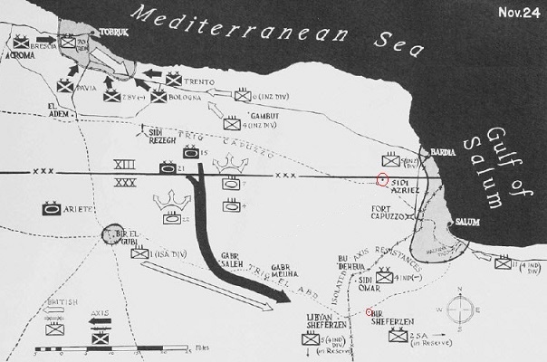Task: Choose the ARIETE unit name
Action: click(80, 209)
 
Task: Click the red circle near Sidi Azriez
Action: click(382, 177)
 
